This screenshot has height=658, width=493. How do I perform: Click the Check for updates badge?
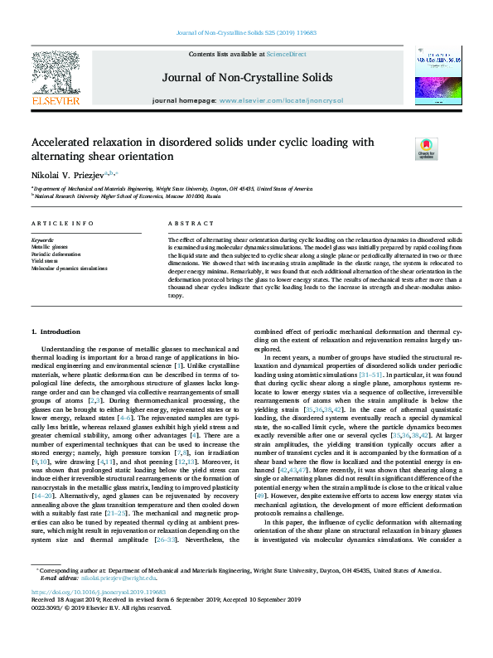pos(426,148)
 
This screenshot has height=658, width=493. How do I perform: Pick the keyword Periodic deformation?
pos(56,254)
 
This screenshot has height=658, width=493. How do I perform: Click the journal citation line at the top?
pos(246,34)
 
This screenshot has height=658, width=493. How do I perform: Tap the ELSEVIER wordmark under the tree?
pos(56,100)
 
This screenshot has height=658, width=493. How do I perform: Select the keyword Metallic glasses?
pos(50,247)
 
